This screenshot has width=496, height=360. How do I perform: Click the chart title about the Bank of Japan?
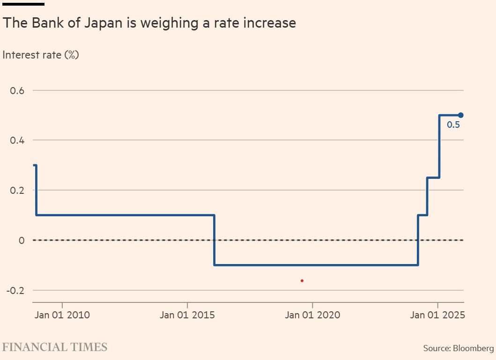pos(149,23)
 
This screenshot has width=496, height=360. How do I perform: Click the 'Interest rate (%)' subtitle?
pos(41,55)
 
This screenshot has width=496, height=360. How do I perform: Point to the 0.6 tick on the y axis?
pos(17,90)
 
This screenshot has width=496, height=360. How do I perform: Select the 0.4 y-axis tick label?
pos(17,140)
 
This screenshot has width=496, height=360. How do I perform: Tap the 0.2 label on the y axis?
pos(17,190)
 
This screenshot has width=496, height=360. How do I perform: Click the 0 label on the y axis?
pos(21,240)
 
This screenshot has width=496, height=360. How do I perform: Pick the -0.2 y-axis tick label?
pos(15,290)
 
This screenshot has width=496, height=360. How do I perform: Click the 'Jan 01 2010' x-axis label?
pos(62,315)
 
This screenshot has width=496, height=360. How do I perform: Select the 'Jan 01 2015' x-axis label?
pos(187,315)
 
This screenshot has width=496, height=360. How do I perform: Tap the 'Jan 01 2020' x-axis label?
pos(312,315)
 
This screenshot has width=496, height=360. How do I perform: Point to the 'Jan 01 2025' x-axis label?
pos(437,315)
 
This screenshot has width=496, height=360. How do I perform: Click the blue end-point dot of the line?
pos(460,115)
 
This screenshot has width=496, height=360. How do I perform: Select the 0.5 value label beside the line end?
pos(453,125)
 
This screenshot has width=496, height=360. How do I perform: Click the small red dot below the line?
pos(302,280)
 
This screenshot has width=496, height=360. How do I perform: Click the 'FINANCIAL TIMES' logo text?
pos(55,347)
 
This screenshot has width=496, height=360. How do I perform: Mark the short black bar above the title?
pos(23,4)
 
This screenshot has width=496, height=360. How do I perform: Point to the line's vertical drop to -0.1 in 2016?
pos(215,240)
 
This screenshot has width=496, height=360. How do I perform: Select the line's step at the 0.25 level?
pos(433,177)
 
